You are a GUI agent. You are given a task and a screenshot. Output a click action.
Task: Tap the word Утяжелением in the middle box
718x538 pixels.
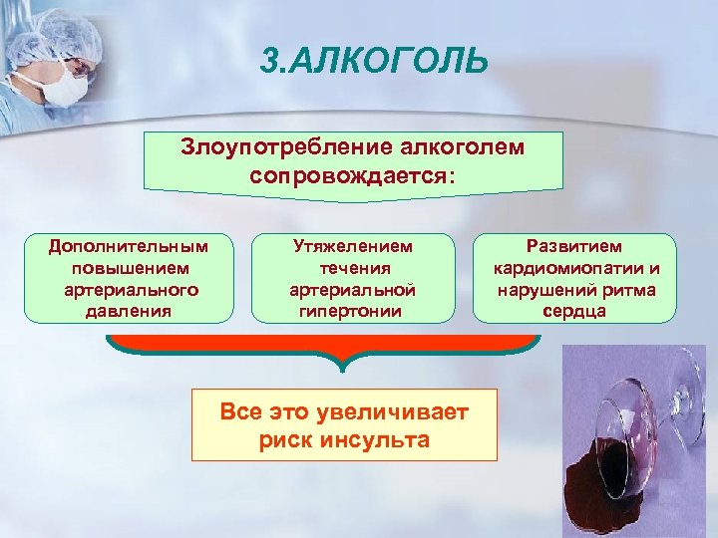pos(352,245)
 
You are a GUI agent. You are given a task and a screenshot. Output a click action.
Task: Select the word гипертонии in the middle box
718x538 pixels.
pos(352,310)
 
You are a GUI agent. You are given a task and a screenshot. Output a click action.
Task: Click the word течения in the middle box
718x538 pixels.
pos(352,267)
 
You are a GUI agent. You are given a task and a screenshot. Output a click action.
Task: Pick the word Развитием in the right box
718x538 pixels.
pos(575,245)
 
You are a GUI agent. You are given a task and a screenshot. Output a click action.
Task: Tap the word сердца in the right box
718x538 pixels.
pos(575,310)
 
